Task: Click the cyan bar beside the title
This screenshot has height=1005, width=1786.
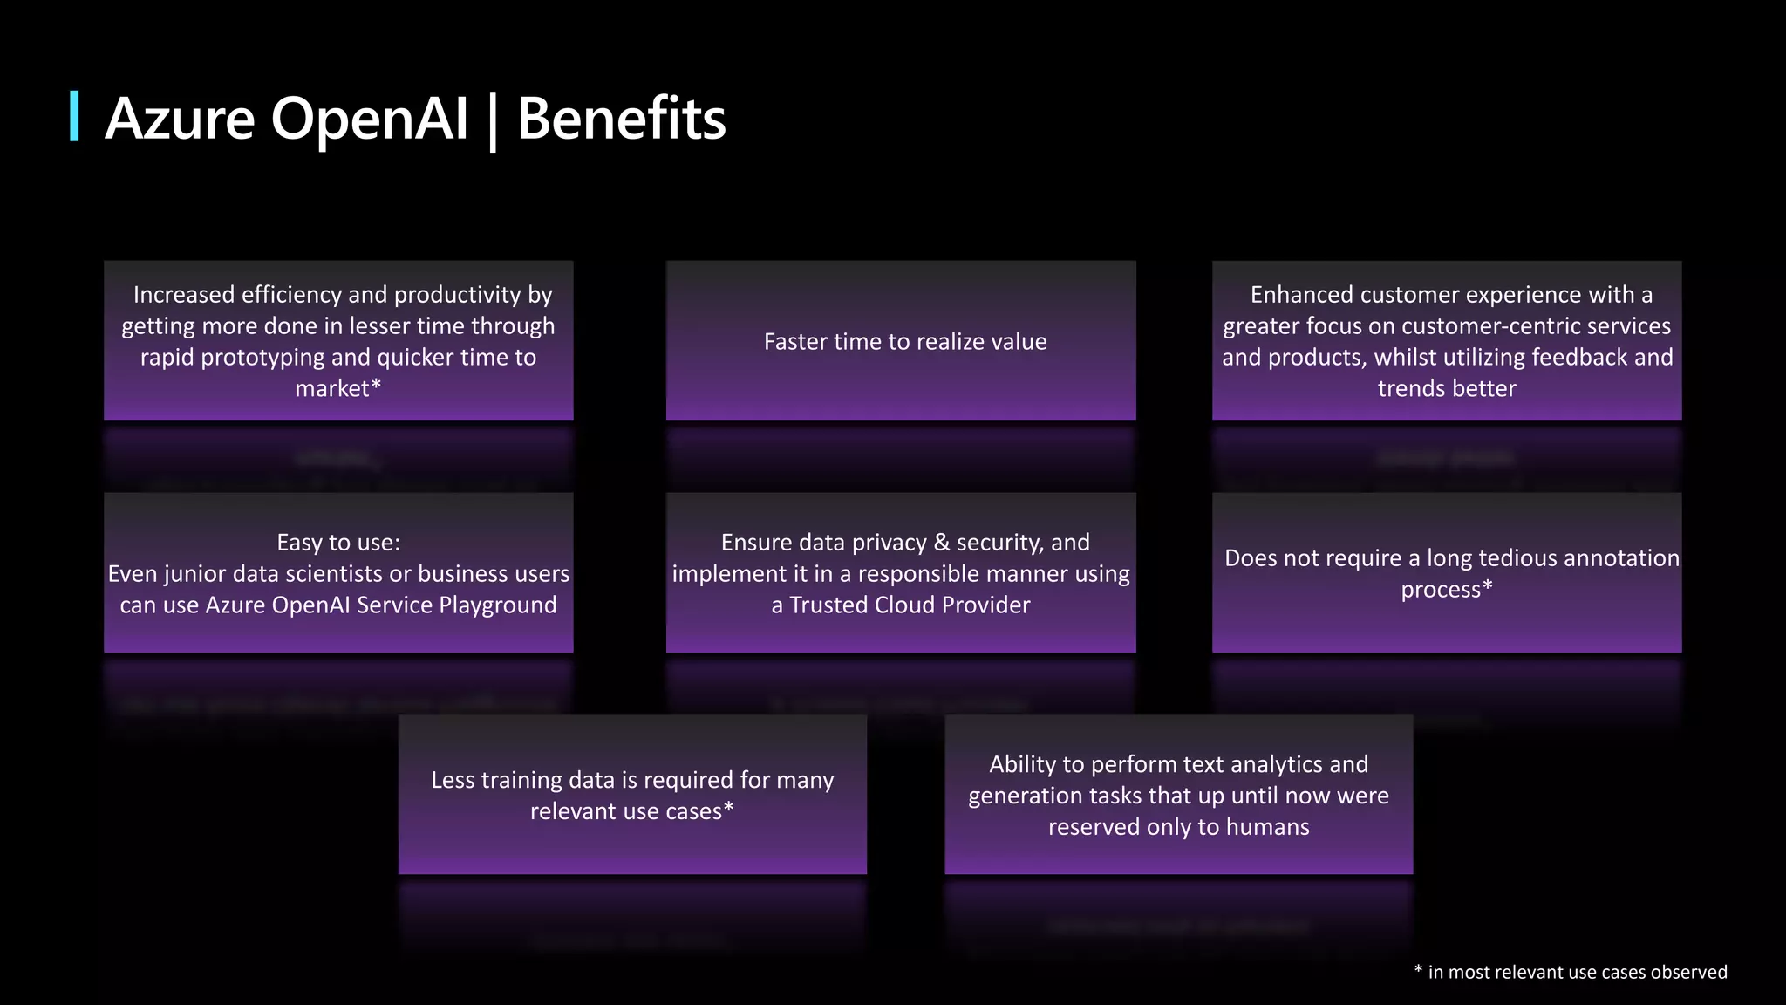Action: pos(75,115)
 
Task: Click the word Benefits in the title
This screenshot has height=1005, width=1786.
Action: pos(621,119)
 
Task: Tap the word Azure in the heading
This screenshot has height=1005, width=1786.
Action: pos(180,119)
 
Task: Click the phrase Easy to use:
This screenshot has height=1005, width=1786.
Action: pos(338,543)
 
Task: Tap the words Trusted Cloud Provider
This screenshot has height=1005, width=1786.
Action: pos(910,605)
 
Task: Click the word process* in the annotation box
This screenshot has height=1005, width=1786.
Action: pos(1447,590)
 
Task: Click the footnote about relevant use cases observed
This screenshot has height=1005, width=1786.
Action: pos(1571,972)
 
